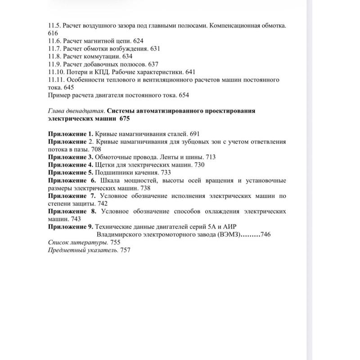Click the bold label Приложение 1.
[70, 134]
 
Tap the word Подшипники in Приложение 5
[114, 172]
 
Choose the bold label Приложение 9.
[70, 227]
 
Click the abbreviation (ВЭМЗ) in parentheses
[228, 235]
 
